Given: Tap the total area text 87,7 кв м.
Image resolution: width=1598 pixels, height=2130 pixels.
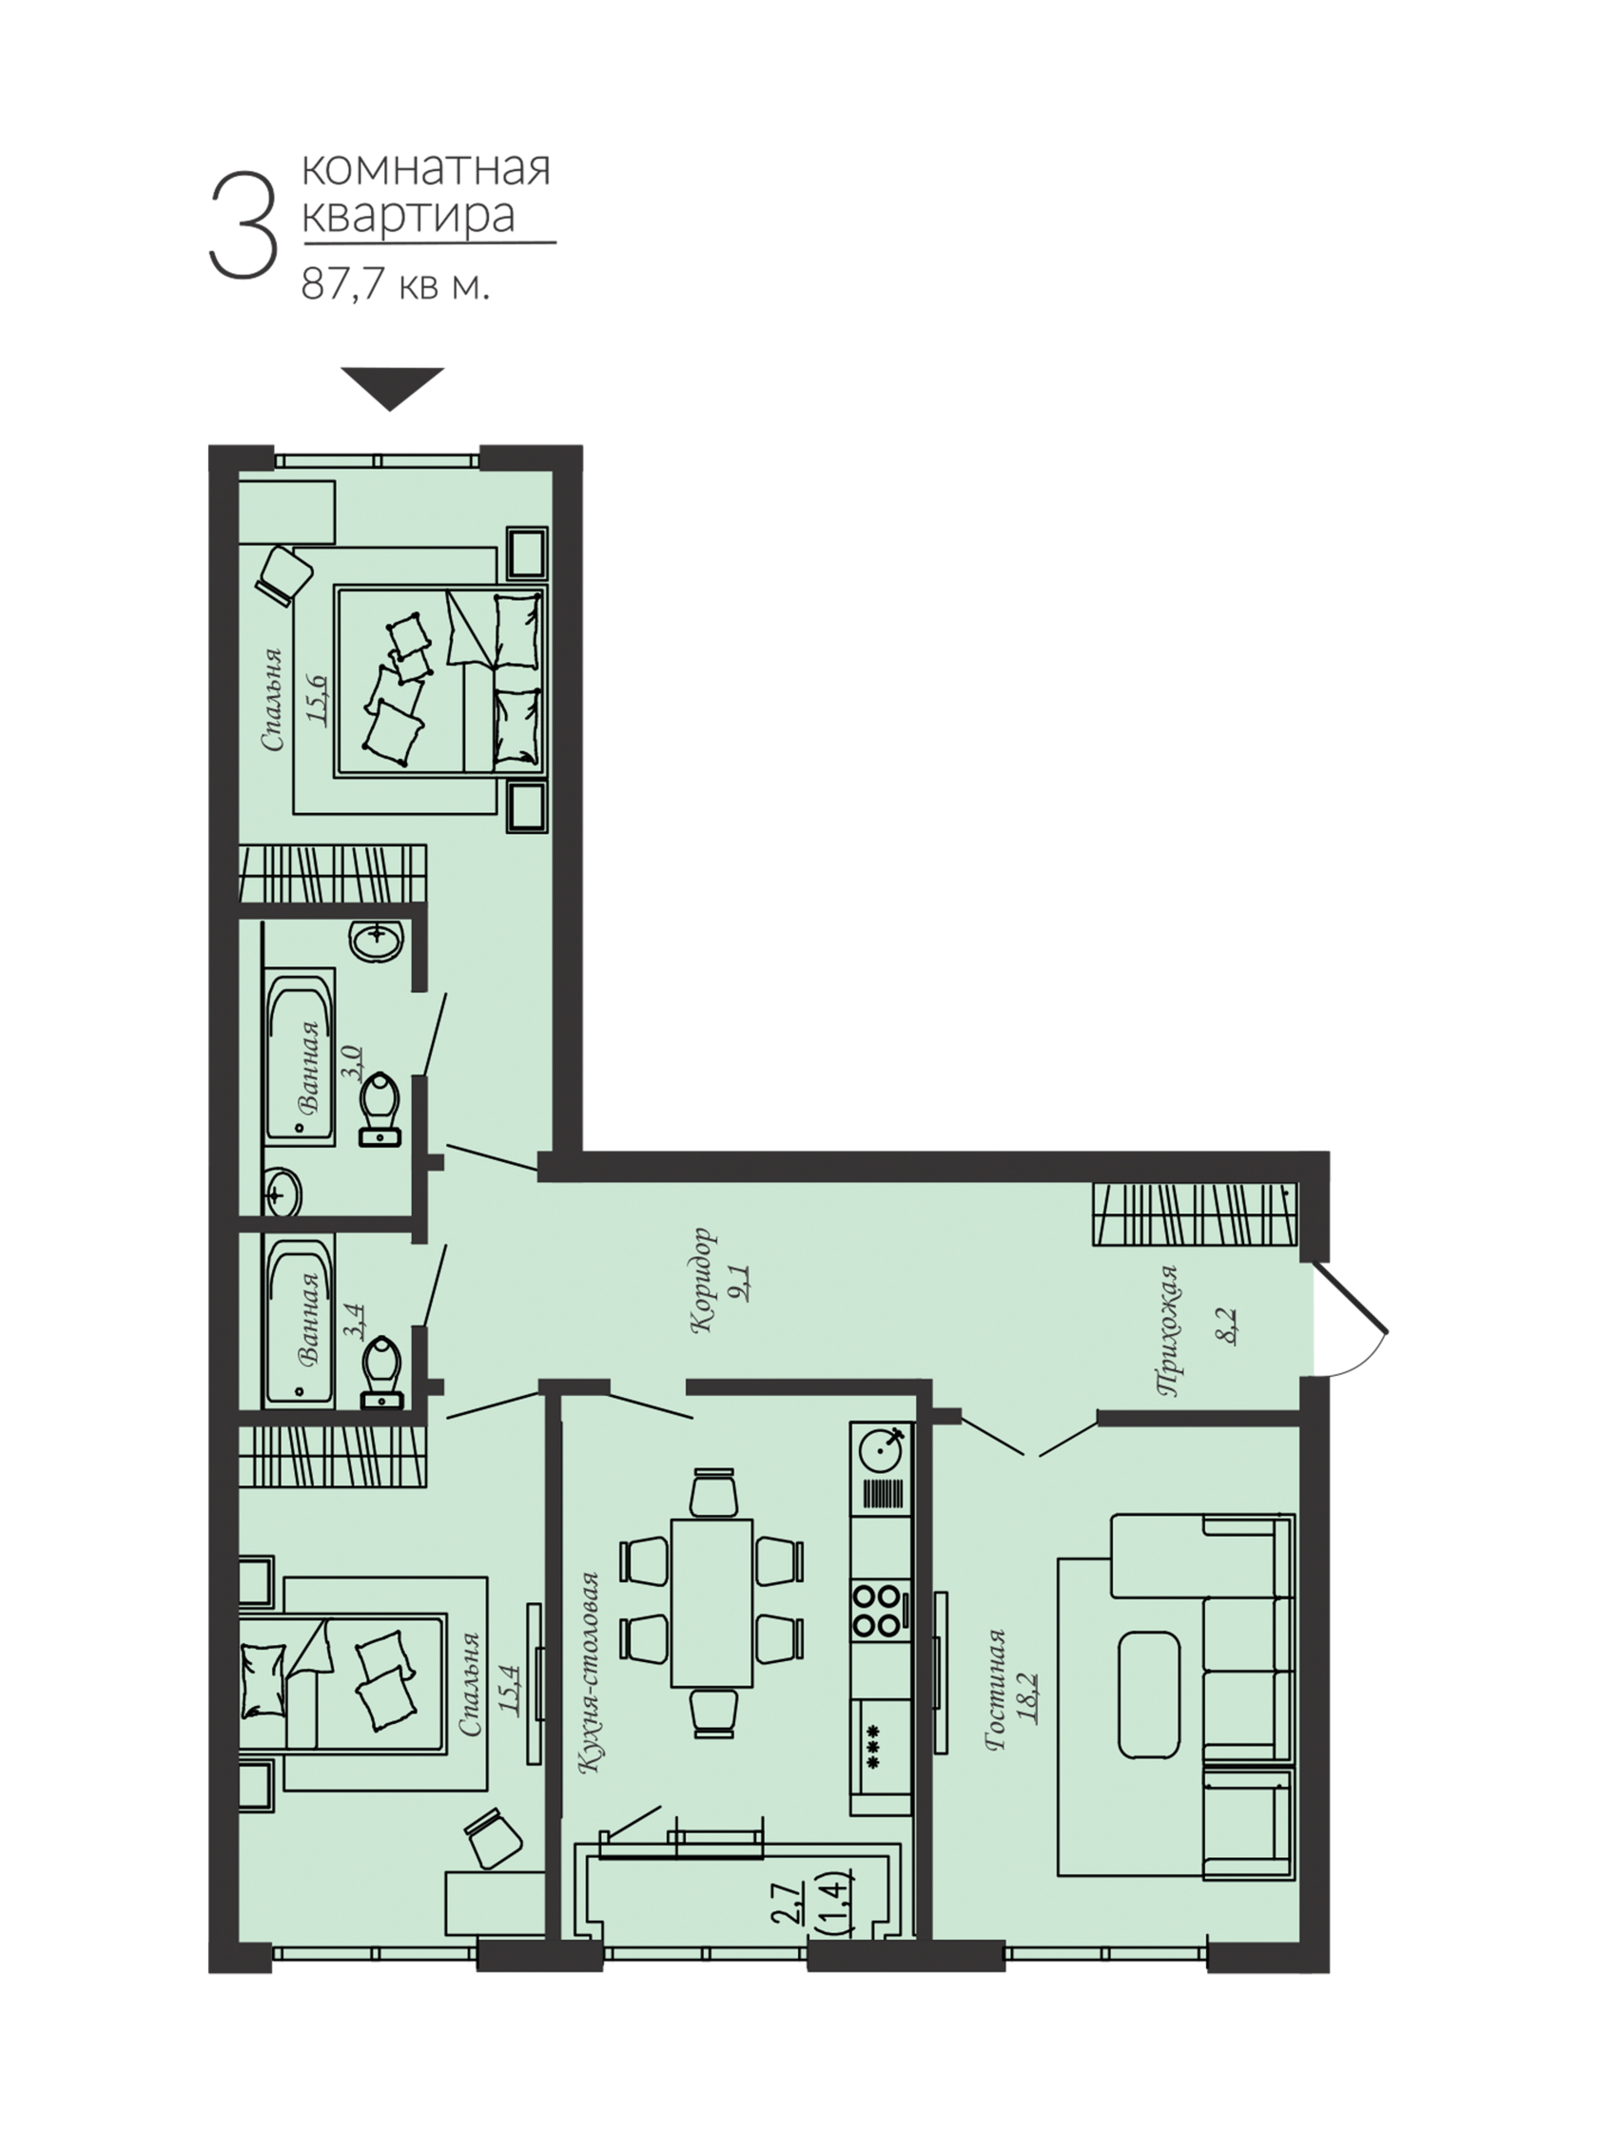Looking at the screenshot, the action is [396, 284].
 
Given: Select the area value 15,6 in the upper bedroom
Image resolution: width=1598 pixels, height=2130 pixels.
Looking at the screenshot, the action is [318, 700].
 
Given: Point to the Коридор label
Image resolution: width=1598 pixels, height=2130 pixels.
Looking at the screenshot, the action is [704, 1280].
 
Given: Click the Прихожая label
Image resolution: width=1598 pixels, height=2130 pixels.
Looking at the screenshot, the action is [1167, 1329].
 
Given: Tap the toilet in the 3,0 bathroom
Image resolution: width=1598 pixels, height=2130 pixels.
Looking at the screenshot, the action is [380, 1111].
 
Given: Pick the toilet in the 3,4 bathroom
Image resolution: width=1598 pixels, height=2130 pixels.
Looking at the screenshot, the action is [380, 1372].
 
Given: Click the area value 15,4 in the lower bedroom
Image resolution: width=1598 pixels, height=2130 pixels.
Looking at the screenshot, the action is [510, 1690].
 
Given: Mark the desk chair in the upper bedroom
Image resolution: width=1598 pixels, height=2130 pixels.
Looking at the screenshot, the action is [285, 575].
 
